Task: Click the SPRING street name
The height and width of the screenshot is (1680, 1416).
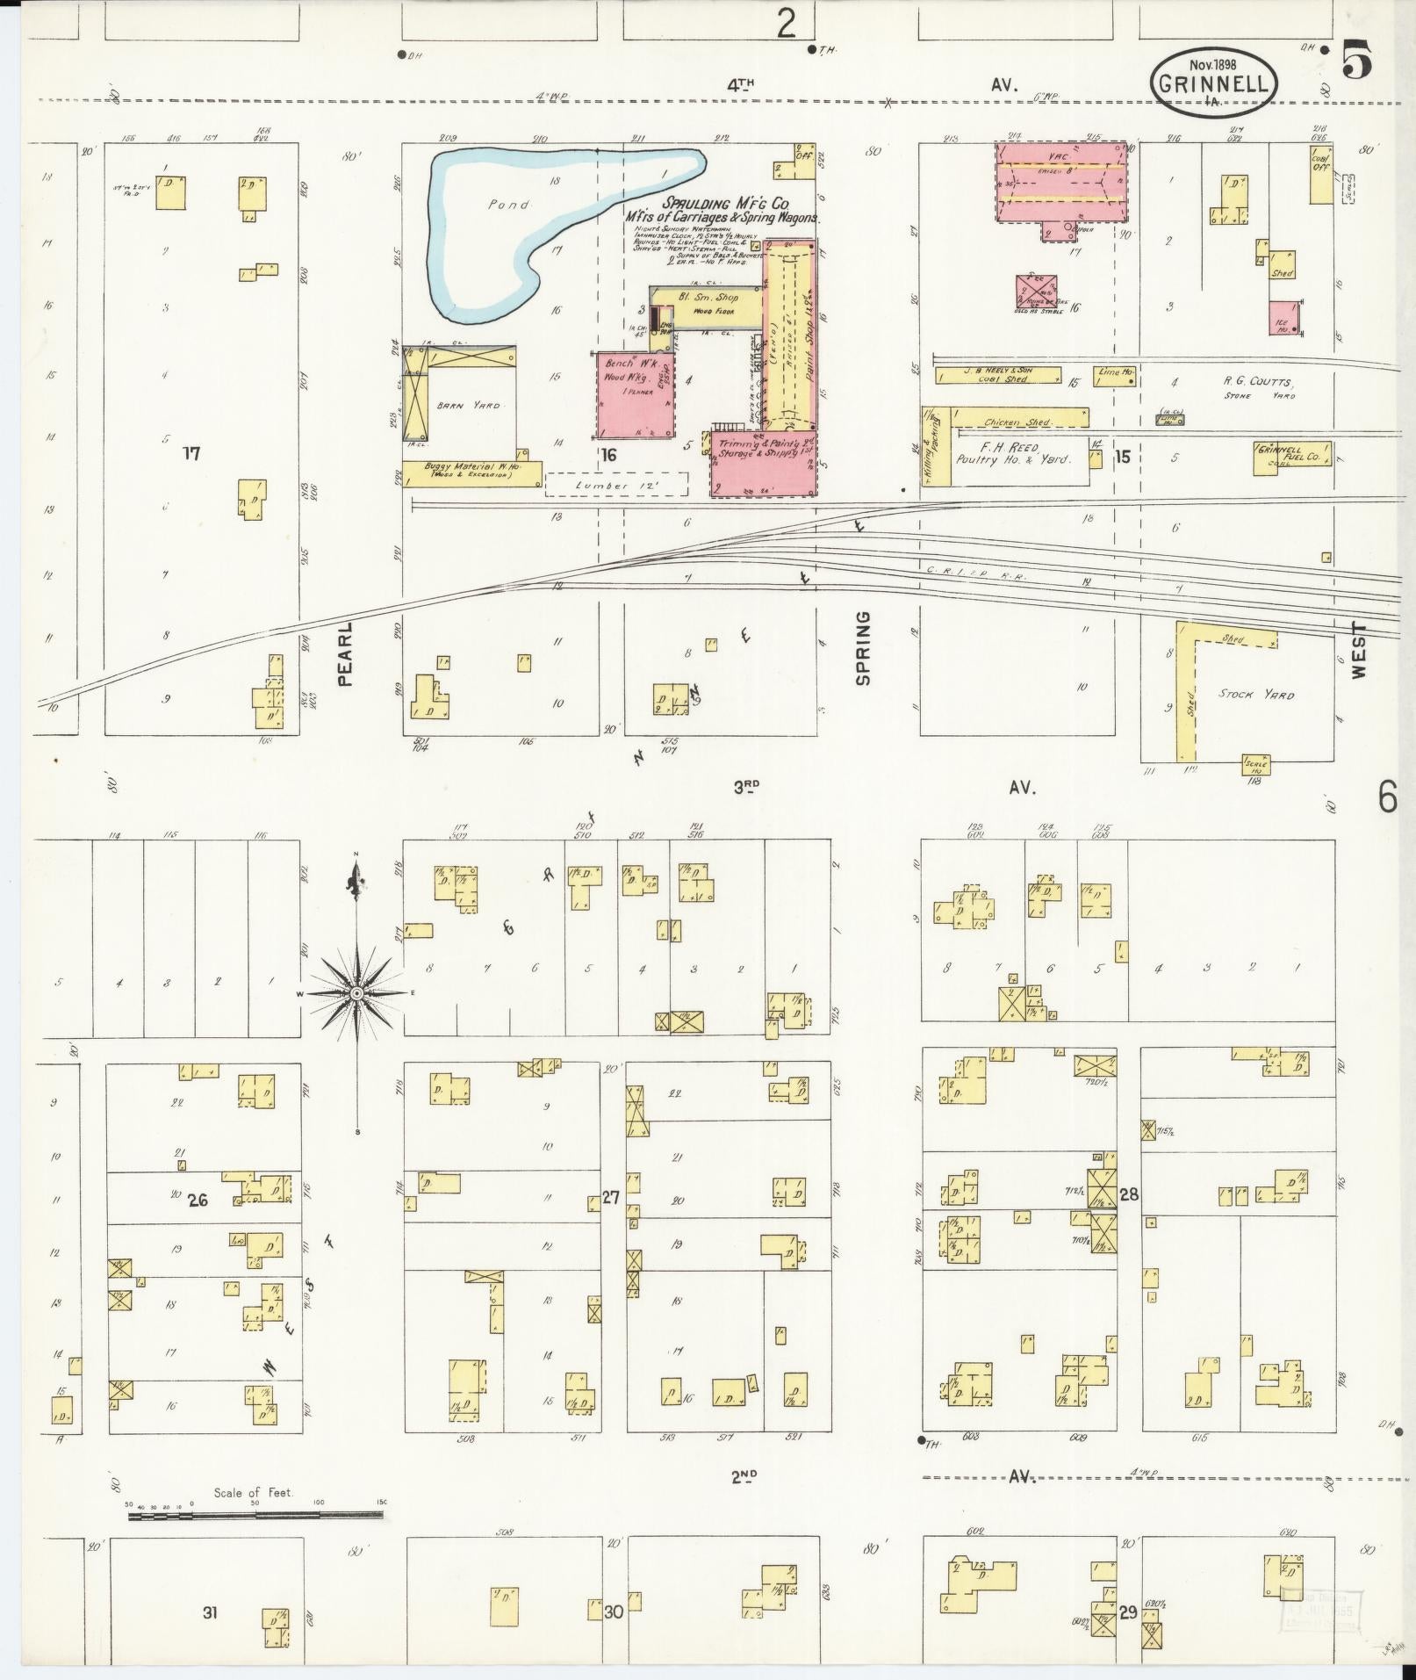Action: tap(863, 648)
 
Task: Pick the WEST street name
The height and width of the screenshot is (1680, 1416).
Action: tap(1359, 650)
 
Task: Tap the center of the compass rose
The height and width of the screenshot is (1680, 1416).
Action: tap(356, 993)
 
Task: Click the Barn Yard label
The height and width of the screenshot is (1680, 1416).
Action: tap(470, 406)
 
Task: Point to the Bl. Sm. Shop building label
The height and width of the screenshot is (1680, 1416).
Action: tap(708, 298)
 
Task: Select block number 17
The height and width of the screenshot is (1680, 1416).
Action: tap(191, 454)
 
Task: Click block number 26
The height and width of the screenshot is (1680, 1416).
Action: tap(198, 1200)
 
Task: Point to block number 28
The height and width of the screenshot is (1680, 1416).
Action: tap(1129, 1193)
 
